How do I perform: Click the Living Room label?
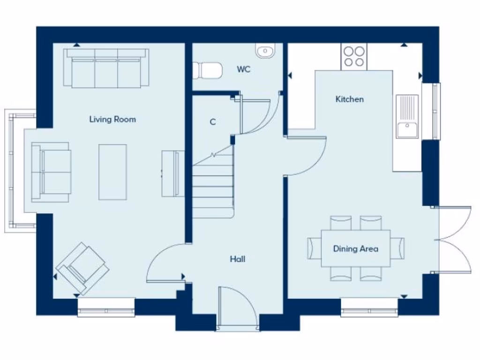coord(112,120)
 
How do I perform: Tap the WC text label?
coord(243,69)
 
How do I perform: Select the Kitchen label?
coord(349,99)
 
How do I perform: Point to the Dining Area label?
coord(355,249)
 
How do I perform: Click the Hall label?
coord(238,259)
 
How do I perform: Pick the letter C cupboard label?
coord(213,122)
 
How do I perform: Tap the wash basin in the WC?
coord(265,50)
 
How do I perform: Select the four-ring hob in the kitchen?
coord(354,57)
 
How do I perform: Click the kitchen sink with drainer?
coord(407,117)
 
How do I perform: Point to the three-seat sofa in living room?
coord(106,68)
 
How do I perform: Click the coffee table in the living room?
coord(112,172)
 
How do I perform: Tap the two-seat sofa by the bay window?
coord(51,172)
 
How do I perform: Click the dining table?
coord(355,248)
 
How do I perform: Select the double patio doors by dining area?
coord(454,239)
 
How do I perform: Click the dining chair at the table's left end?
coord(313,248)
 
